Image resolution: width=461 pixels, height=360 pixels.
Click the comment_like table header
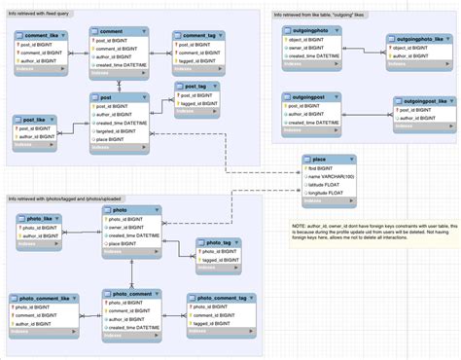[x=41, y=34]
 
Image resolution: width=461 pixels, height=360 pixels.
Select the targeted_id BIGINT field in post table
[x=120, y=131]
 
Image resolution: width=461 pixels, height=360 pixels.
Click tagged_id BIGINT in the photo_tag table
[x=216, y=260]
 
